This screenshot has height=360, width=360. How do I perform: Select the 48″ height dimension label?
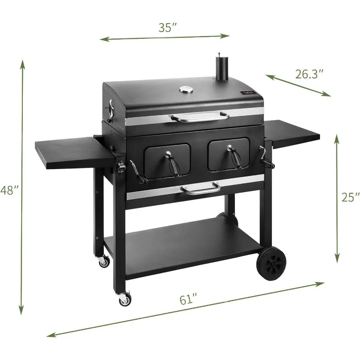8,190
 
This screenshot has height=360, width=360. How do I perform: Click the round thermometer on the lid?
185,90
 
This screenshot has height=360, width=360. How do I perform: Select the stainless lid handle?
200,117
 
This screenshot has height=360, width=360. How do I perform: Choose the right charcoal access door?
229,154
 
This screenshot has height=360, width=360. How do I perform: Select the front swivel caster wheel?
125,298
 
